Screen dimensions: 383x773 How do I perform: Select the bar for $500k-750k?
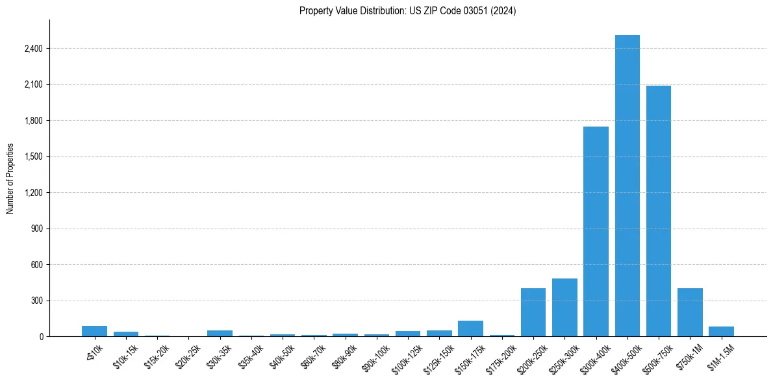pos(658,211)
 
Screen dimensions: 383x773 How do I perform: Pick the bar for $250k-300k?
pos(564,308)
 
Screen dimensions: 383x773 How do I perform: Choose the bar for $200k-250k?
pos(533,312)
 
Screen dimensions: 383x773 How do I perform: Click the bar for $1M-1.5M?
pos(721,332)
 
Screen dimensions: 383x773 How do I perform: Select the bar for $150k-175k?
pos(470,328)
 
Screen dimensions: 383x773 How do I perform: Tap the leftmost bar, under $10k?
pos(94,331)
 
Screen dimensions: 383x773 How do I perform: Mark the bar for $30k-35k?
pos(220,333)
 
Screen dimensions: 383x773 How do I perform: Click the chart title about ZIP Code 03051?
pos(407,11)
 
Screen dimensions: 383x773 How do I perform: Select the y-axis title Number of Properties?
pos(10,179)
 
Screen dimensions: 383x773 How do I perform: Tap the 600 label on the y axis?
pos(36,265)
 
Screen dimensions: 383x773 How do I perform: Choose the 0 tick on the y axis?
pos(40,337)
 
